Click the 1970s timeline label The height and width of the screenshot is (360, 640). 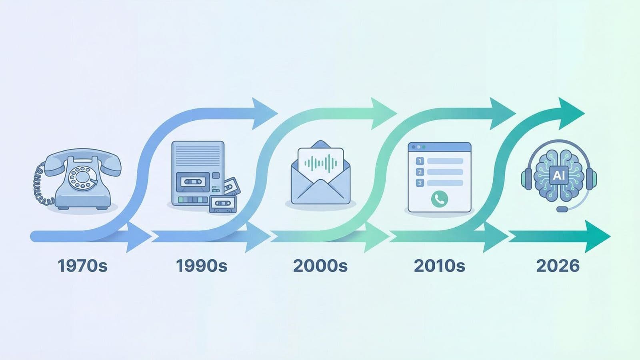[82, 266]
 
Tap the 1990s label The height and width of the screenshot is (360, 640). [202, 266]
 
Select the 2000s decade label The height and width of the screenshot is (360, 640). [320, 266]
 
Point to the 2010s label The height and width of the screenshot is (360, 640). [439, 266]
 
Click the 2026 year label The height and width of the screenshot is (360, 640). [558, 266]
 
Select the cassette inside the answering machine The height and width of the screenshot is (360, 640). [193, 182]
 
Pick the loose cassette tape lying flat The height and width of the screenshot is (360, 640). [222, 204]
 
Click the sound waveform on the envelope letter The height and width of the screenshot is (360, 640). [320, 163]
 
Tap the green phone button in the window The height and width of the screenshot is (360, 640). [439, 198]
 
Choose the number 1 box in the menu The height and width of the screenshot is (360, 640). [420, 161]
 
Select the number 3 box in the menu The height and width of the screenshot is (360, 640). [420, 183]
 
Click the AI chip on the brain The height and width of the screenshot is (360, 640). [558, 175]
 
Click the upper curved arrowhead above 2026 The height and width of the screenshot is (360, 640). [571, 113]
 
